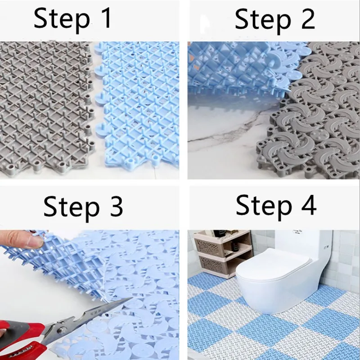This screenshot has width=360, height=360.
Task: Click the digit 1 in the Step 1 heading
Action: [105, 18]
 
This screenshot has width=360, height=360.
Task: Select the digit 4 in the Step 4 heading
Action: [308, 204]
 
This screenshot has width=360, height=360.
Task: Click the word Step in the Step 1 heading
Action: [62, 19]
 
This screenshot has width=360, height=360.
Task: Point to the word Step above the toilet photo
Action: [264, 207]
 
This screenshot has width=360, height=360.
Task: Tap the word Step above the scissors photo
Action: [72, 208]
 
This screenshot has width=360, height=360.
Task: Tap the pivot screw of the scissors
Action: [61, 330]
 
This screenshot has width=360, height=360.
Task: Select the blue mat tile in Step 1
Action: [138, 103]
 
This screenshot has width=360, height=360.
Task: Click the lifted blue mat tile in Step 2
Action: [237, 69]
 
